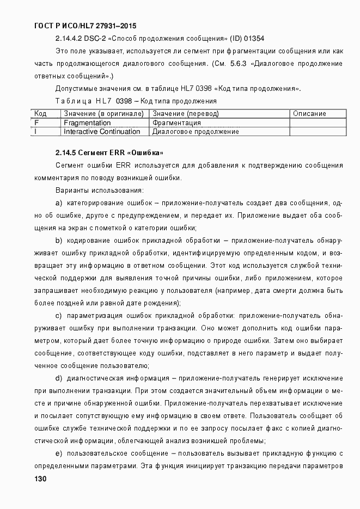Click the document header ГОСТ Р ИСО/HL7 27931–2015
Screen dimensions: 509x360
tap(84, 26)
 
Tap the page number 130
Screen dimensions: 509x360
tap(40, 479)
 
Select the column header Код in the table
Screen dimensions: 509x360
tap(40, 114)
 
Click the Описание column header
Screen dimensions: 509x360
tap(309, 114)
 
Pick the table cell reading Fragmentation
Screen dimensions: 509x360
tap(87, 123)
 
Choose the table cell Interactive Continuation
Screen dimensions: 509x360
tap(102, 132)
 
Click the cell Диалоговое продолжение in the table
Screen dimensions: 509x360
tap(196, 132)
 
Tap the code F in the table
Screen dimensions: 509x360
tap(36, 123)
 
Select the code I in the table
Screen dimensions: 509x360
tap(35, 132)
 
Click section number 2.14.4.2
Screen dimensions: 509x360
tap(69, 39)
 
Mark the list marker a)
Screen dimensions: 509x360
tap(59, 203)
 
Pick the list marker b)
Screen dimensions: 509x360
tap(59, 240)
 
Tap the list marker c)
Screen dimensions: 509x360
tap(59, 316)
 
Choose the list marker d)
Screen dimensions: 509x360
tap(59, 378)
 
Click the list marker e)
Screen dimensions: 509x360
tap(59, 453)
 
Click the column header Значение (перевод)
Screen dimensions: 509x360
tap(186, 114)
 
